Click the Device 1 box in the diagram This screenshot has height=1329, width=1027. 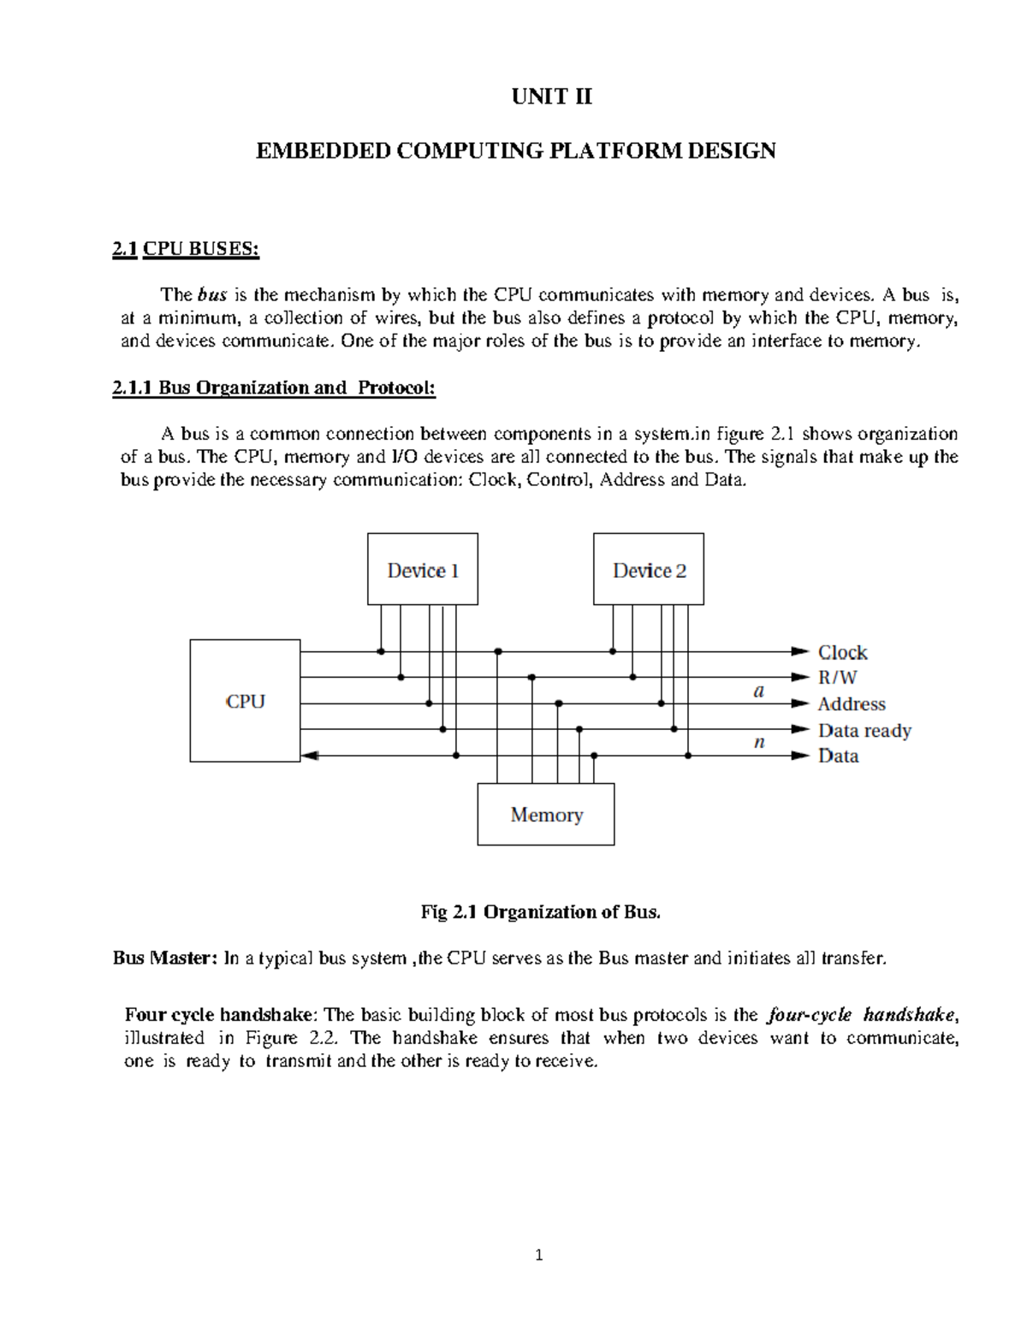pyautogui.click(x=423, y=570)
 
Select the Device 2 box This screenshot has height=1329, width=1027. pyautogui.click(x=649, y=570)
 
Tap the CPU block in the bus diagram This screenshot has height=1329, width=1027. pyautogui.click(x=245, y=701)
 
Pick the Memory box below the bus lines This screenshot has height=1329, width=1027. pyautogui.click(x=546, y=815)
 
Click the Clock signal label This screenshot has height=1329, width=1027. pyautogui.click(x=842, y=652)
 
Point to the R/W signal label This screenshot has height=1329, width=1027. pyautogui.click(x=837, y=678)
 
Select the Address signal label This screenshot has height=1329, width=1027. pyautogui.click(x=851, y=704)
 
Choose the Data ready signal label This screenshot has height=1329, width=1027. pyautogui.click(x=864, y=730)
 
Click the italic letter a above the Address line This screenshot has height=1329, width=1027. pyautogui.click(x=758, y=691)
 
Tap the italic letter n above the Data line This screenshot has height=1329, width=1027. pyautogui.click(x=759, y=742)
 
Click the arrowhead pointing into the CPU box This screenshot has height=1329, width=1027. pyautogui.click(x=310, y=756)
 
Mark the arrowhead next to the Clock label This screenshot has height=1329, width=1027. pyautogui.click(x=800, y=651)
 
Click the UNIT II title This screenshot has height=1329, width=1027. pyautogui.click(x=551, y=97)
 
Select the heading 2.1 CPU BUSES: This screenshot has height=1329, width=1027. pyautogui.click(x=186, y=249)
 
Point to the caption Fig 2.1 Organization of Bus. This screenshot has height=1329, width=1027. pyautogui.click(x=541, y=912)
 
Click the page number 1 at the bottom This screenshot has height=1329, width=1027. pyautogui.click(x=538, y=1256)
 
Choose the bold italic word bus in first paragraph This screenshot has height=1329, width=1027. pyautogui.click(x=212, y=295)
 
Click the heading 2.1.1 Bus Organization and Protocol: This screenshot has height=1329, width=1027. pyautogui.click(x=274, y=388)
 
